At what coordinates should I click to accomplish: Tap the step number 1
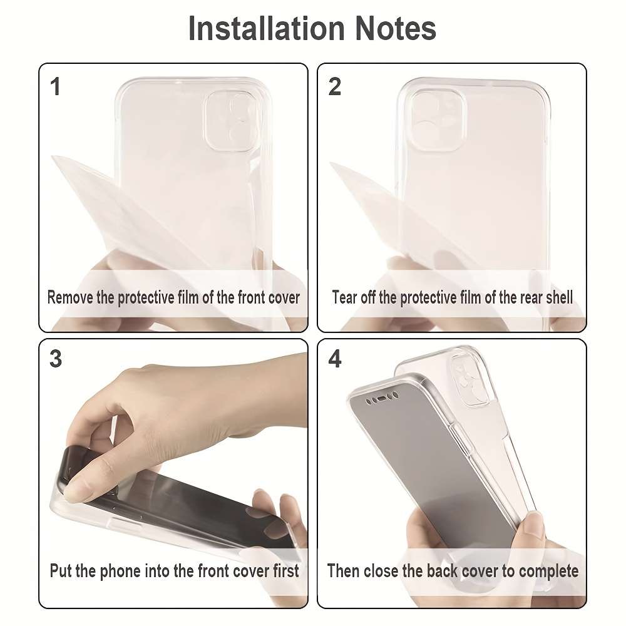click(56, 87)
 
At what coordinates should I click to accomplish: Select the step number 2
click(335, 87)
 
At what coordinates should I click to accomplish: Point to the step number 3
click(56, 359)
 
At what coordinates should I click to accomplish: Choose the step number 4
click(335, 359)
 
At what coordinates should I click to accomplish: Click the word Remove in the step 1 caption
click(71, 297)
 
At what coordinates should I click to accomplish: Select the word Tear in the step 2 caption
click(344, 297)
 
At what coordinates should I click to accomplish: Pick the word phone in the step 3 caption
click(121, 570)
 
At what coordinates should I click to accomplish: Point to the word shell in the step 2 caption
click(558, 297)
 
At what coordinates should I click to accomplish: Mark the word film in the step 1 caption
click(186, 297)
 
